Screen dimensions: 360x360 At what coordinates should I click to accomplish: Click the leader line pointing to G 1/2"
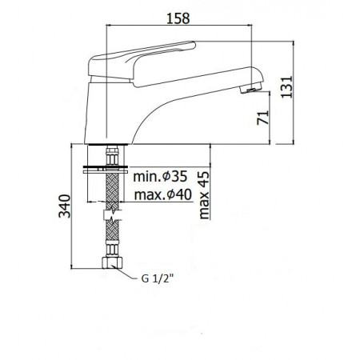click(x=126, y=274)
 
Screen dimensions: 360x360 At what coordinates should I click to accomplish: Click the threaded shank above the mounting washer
click(x=109, y=154)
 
